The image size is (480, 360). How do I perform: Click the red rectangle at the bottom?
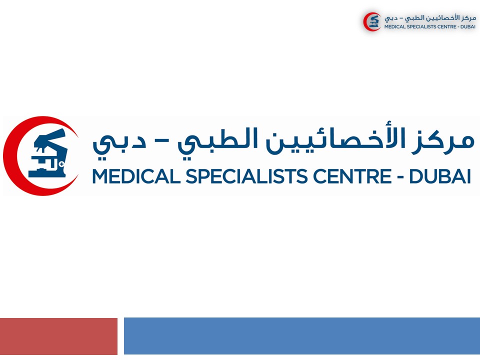point(58,336)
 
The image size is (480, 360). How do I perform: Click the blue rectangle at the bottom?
point(302,336)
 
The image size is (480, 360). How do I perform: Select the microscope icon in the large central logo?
point(48,153)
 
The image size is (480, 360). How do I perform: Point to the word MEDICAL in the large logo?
point(136,176)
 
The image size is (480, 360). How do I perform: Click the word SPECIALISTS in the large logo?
point(246,176)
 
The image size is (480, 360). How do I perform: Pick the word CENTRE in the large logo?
point(352,176)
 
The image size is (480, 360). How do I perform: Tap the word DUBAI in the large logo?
point(440,176)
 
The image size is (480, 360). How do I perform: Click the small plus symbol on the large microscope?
point(62,164)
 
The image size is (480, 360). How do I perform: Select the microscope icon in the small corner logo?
point(374,21)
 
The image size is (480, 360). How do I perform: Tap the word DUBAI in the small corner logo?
point(468,26)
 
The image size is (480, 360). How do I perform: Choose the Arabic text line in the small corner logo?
point(430,18)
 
